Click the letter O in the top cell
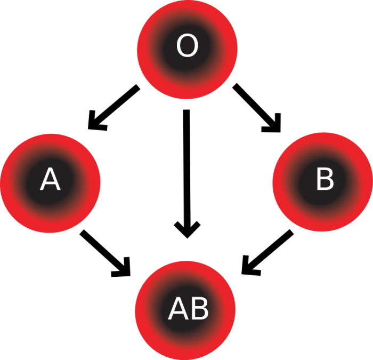(186, 46)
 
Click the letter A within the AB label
(177, 309)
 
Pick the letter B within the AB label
(198, 309)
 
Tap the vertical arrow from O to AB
(186, 171)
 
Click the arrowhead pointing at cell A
(96, 122)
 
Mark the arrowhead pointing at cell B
(272, 122)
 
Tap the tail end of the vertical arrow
(186, 112)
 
